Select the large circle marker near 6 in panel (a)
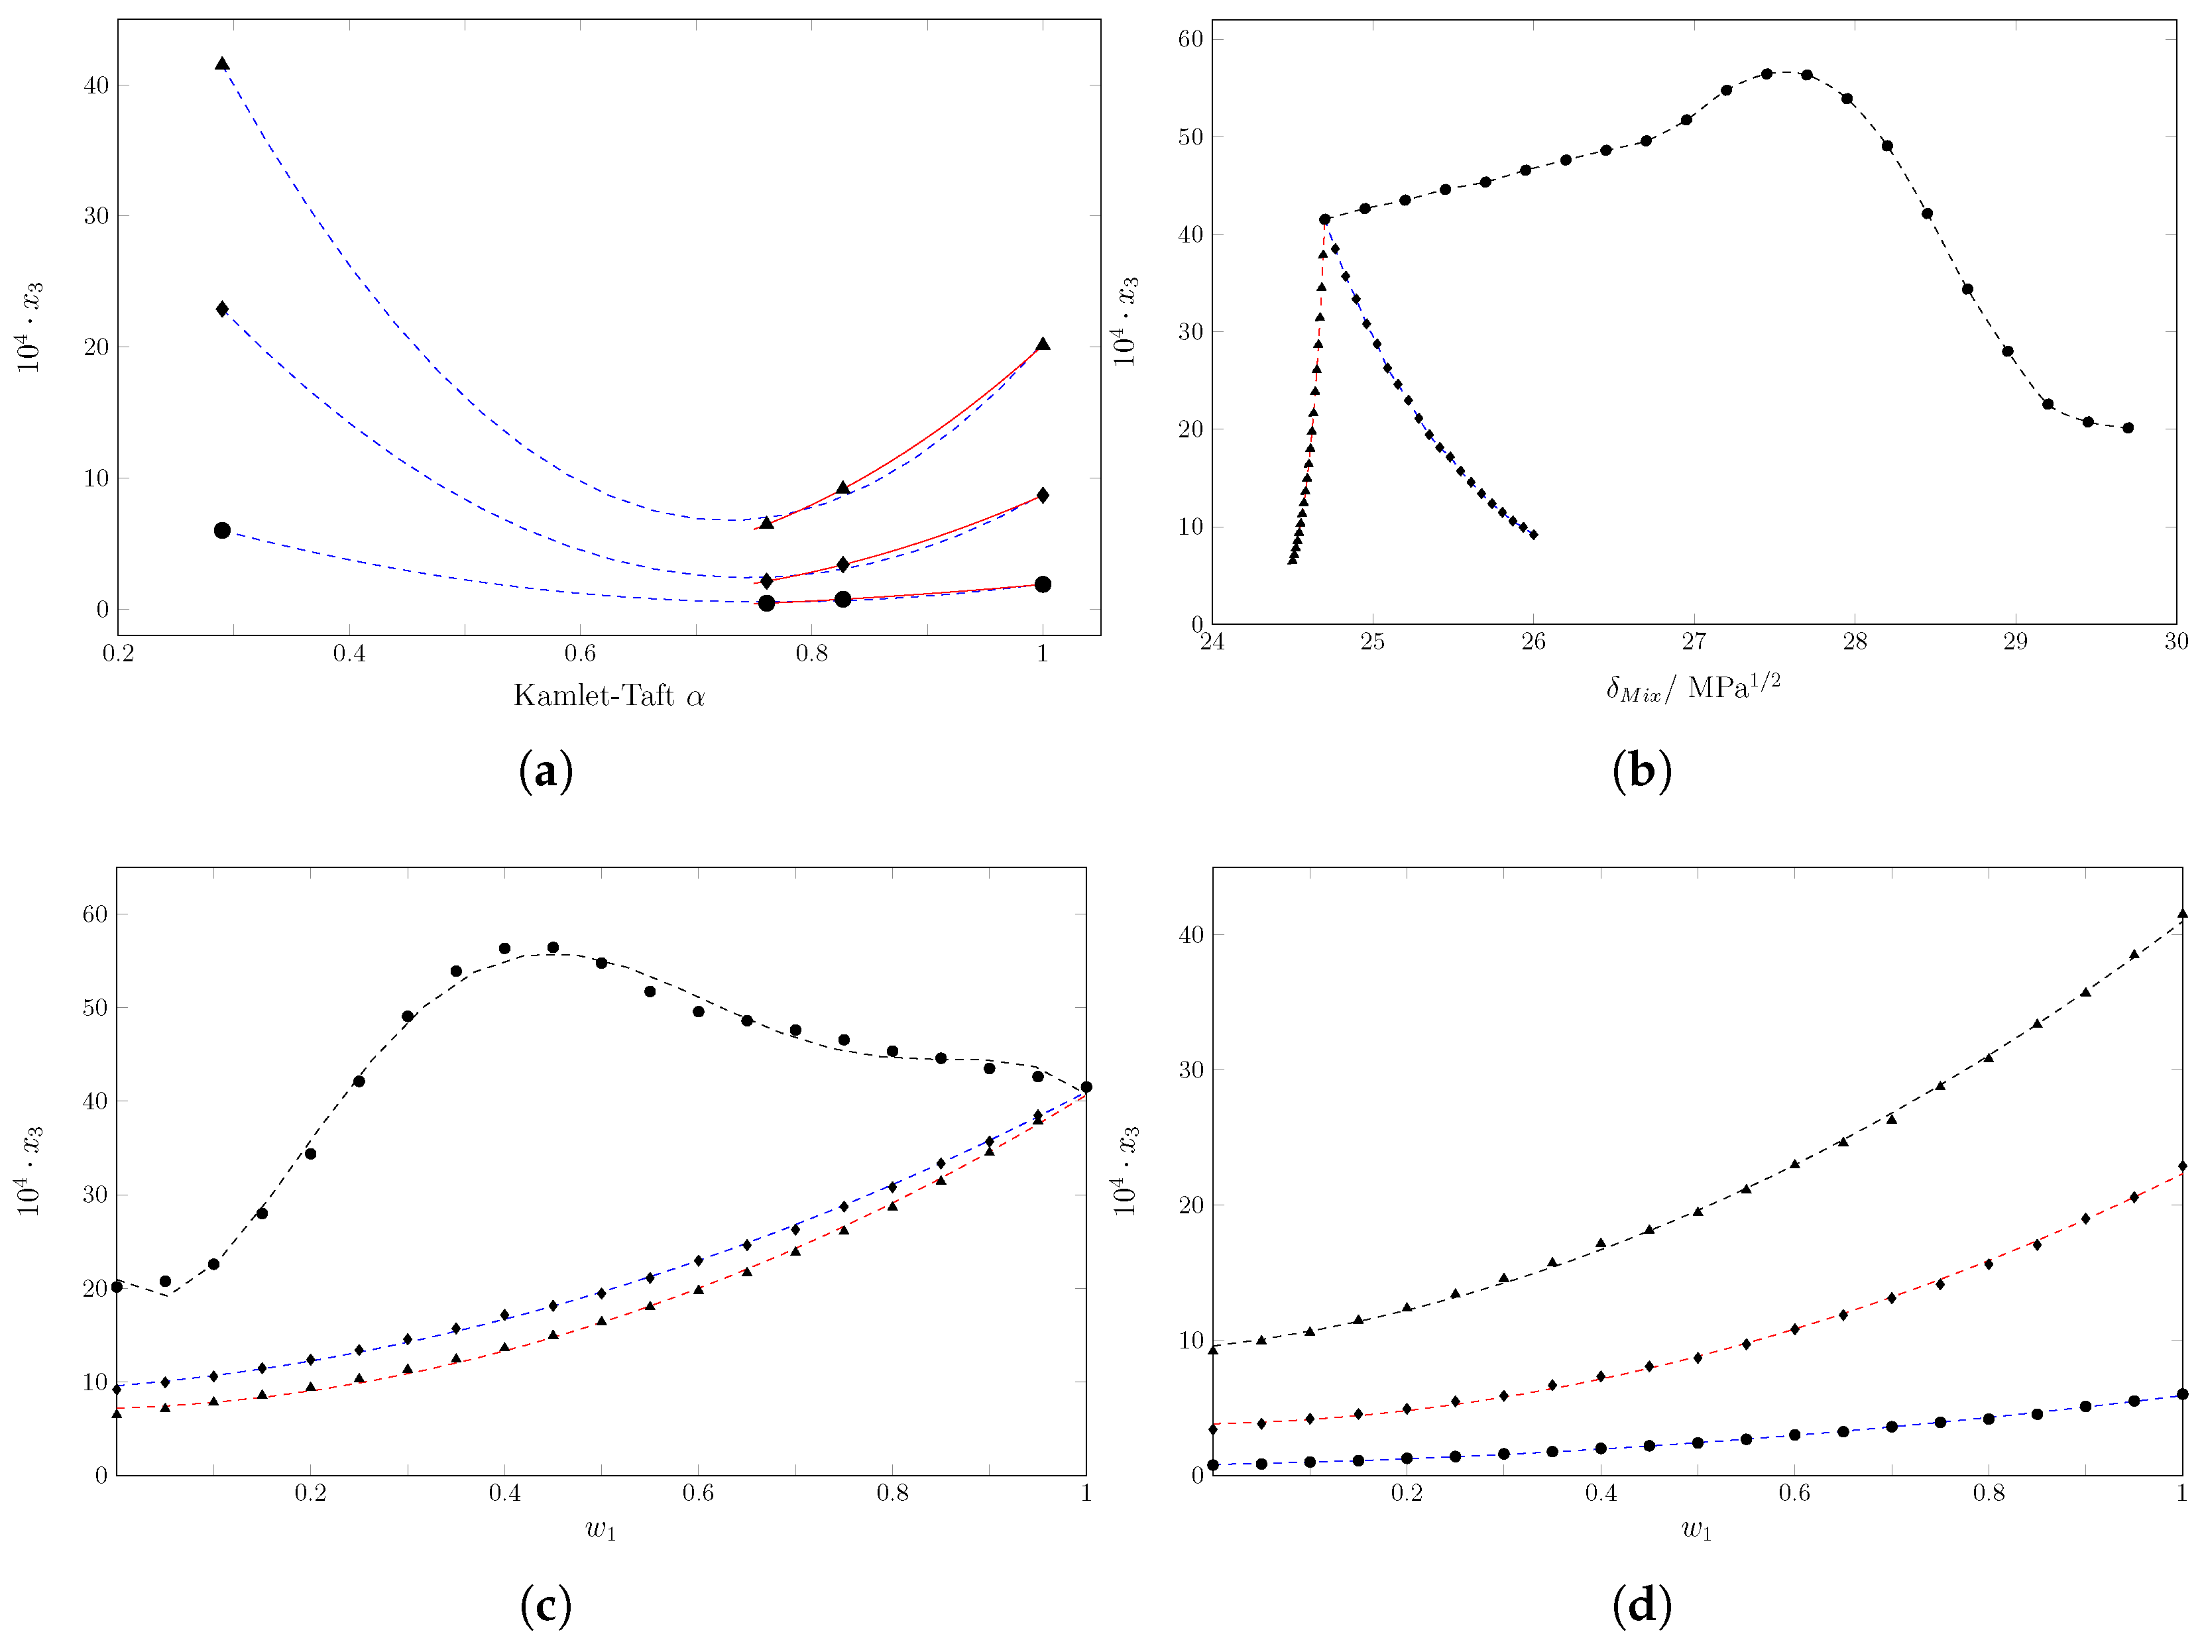221,531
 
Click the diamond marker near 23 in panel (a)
221,309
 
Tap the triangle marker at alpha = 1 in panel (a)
1042,345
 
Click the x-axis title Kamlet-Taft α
608,696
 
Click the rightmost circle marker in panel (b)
2128,428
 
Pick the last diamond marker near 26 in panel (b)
1533,535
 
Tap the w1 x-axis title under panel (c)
601,1529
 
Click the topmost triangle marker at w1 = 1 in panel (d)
2182,913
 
